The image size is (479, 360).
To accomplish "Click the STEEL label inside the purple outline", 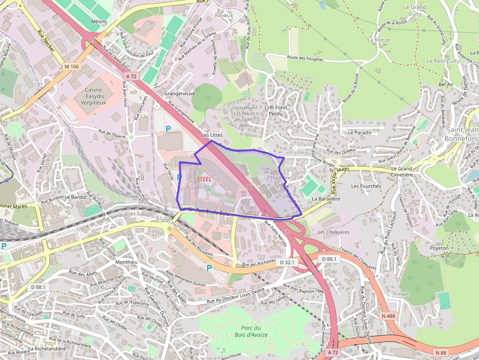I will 204,179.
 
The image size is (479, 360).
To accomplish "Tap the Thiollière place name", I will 279,178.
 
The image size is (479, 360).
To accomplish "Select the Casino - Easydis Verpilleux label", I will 93,96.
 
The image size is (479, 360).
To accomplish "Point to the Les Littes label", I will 212,135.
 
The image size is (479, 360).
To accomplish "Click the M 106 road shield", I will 71,66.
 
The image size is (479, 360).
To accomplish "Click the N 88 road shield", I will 441,352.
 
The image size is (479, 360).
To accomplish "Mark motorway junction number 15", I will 92,40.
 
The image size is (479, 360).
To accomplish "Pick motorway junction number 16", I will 248,187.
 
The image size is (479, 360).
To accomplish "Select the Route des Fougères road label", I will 305,59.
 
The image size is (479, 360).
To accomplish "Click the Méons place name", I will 99,22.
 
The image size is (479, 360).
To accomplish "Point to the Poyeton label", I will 439,248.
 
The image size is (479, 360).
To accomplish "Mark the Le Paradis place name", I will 360,132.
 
